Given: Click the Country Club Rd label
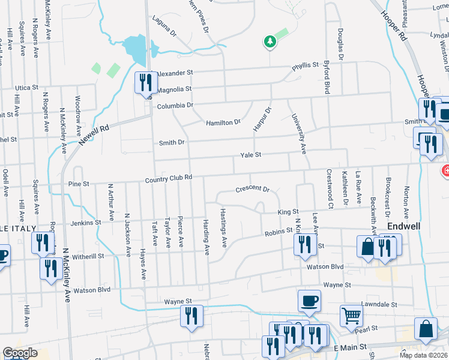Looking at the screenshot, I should click(x=168, y=178).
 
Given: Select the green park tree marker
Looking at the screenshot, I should click(x=270, y=41).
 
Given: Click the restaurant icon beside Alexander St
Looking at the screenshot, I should click(x=145, y=82).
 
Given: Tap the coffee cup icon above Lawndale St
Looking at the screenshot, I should click(x=309, y=301).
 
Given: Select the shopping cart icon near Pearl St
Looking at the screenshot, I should click(x=351, y=315).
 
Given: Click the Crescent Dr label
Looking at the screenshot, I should click(x=252, y=188).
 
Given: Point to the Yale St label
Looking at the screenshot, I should click(x=251, y=155).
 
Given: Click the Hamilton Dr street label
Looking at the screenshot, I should click(x=223, y=122).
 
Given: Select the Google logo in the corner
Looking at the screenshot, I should click(x=20, y=353).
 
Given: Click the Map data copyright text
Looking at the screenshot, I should click(x=423, y=355).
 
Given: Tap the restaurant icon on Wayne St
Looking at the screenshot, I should click(x=191, y=316).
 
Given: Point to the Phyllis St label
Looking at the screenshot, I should click(x=305, y=65).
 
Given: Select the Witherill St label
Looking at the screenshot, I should click(x=88, y=256).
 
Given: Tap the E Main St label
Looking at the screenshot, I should click(x=349, y=348).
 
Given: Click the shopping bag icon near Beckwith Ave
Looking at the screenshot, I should click(x=367, y=247).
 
